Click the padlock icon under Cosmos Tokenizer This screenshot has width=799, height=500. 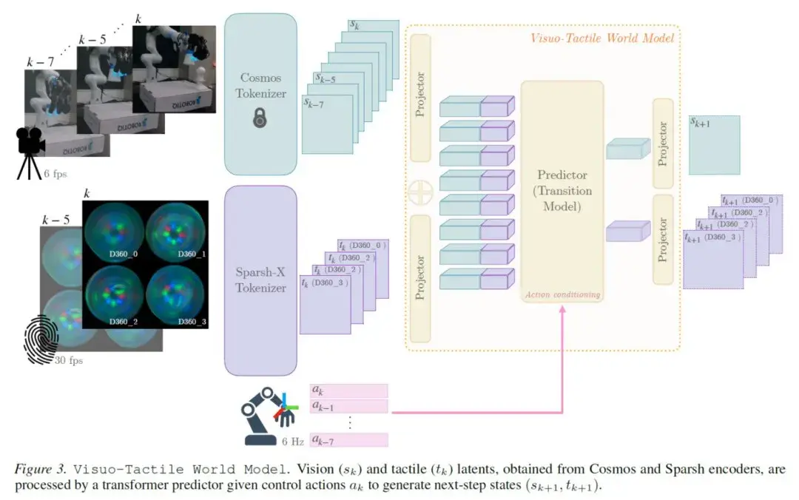(260, 117)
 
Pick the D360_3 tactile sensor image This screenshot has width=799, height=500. (175, 295)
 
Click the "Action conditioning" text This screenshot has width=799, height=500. (562, 295)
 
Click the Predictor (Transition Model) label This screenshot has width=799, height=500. (562, 191)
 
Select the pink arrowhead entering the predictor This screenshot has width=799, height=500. (562, 309)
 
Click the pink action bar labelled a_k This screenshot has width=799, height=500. (348, 391)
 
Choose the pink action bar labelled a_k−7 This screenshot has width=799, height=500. (348, 440)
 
